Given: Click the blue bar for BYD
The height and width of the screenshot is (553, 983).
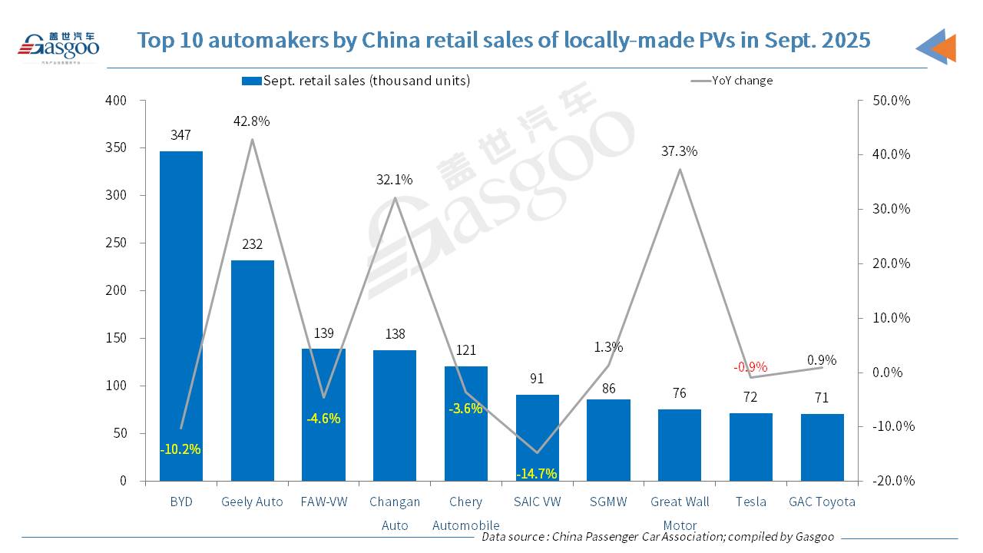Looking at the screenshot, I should [x=181, y=316].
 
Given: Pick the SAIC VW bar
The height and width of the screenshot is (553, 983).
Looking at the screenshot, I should [x=537, y=438].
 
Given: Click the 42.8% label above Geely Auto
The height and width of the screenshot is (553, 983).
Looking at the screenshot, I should [x=252, y=121].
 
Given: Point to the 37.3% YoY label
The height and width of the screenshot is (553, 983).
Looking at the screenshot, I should [x=679, y=151].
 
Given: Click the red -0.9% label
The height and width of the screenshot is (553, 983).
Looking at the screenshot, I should [x=750, y=367].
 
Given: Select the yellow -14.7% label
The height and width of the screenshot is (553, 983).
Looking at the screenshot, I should [x=537, y=473].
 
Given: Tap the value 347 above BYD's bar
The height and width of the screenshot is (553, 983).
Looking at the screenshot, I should [x=181, y=135].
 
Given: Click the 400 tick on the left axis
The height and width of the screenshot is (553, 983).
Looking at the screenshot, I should [x=116, y=101].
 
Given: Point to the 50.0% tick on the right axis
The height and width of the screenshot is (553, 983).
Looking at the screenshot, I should [x=892, y=101].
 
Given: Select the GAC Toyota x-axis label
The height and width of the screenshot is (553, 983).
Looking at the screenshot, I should [x=822, y=502].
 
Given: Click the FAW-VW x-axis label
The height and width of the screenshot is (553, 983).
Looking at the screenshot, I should [x=323, y=502].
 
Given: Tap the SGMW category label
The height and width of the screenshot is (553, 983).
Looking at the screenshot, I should [x=608, y=502].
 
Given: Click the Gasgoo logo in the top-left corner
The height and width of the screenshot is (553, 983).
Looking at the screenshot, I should [x=58, y=45].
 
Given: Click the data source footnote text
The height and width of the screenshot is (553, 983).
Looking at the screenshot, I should [x=657, y=537].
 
